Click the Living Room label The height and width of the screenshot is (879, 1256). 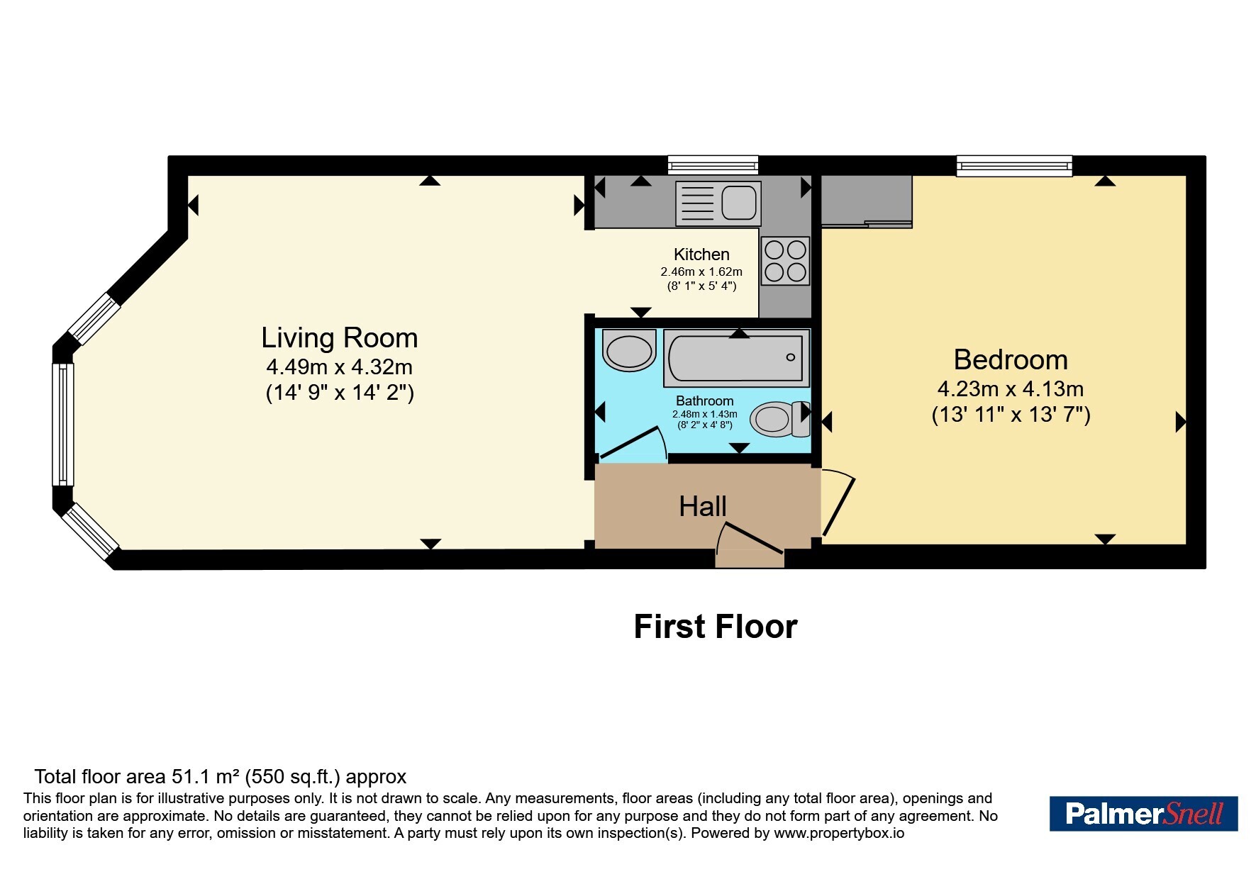(x=340, y=338)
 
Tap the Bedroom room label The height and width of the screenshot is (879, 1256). (x=1011, y=360)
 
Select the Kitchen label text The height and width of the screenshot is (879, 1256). (x=701, y=254)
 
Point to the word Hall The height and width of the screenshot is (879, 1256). (x=703, y=507)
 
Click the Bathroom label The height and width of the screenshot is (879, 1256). (x=705, y=401)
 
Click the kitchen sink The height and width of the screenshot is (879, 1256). (x=718, y=203)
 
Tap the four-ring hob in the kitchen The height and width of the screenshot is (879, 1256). (x=786, y=261)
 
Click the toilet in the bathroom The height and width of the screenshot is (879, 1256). (x=780, y=419)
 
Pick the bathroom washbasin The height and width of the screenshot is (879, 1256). (x=628, y=349)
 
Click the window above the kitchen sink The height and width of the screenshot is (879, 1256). (x=713, y=165)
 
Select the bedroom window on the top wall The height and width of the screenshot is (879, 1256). (x=1014, y=166)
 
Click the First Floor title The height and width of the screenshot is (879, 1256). (x=716, y=627)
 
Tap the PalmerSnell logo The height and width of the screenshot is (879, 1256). (x=1143, y=814)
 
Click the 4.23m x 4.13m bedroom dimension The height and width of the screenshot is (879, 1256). (x=1011, y=389)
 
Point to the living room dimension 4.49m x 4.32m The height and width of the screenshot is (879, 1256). (x=340, y=367)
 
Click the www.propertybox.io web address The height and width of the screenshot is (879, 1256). (x=839, y=834)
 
